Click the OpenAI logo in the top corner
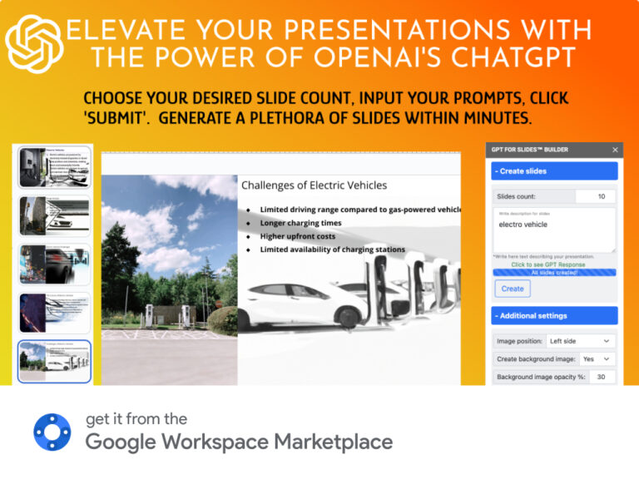34,44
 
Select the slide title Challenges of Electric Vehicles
314,185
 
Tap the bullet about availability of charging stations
332,249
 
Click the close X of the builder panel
615,150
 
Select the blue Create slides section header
554,171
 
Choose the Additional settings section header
554,316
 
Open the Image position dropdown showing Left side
580,341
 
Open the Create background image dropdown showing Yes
596,358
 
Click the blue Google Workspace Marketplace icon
52,432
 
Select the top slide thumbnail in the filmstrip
54,167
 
